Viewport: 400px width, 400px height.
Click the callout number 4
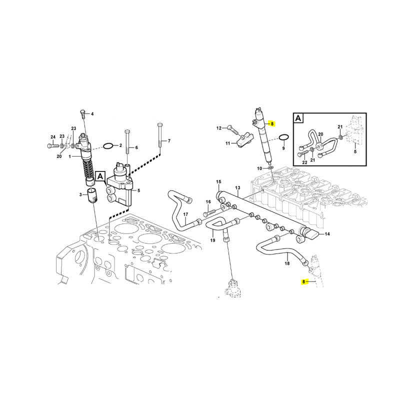pyautogui.click(x=92, y=114)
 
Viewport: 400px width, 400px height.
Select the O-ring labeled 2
pyautogui.click(x=108, y=146)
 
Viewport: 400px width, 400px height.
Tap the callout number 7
pyautogui.click(x=169, y=141)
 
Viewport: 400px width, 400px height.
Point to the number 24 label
pyautogui.click(x=53, y=137)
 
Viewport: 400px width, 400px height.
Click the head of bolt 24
pyautogui.click(x=49, y=146)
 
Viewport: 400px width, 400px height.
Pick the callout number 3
pyautogui.click(x=80, y=194)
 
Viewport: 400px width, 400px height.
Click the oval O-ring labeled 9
pyautogui.click(x=283, y=137)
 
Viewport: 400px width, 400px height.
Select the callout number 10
pyautogui.click(x=259, y=168)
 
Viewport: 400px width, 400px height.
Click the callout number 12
pyautogui.click(x=219, y=128)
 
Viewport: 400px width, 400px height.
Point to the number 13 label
pyautogui.click(x=237, y=188)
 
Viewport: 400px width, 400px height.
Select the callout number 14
pyautogui.click(x=327, y=233)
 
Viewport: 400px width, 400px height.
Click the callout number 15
pyautogui.click(x=218, y=182)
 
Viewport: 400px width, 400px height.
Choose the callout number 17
pyautogui.click(x=185, y=214)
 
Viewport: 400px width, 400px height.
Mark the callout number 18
pyautogui.click(x=287, y=263)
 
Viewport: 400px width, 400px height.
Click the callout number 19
pyautogui.click(x=213, y=240)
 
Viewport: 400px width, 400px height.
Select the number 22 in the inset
pyautogui.click(x=304, y=162)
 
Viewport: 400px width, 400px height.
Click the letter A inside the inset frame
pyautogui.click(x=298, y=118)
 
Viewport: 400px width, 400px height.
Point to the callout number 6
pyautogui.click(x=136, y=147)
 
